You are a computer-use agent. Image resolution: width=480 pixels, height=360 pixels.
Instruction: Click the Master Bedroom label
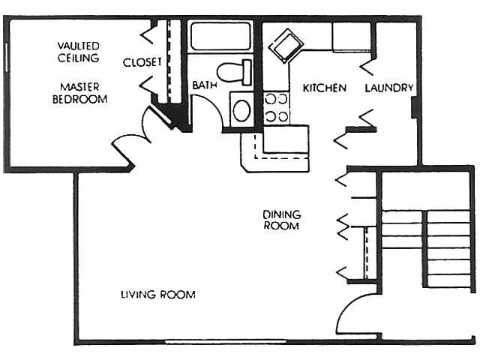(x=79, y=92)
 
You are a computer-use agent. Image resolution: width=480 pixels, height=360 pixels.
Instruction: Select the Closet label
(x=142, y=61)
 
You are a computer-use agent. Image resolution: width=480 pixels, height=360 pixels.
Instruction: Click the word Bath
(x=204, y=85)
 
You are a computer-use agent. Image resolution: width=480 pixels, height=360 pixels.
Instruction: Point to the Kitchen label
(x=324, y=88)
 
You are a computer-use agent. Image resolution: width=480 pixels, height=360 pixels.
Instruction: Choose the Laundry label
(x=389, y=88)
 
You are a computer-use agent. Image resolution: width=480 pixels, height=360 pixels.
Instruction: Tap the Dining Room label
(x=281, y=220)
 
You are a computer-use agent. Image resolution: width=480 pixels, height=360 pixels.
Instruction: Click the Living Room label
(x=158, y=294)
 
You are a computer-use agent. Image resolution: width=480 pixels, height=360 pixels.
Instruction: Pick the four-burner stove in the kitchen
(x=276, y=106)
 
